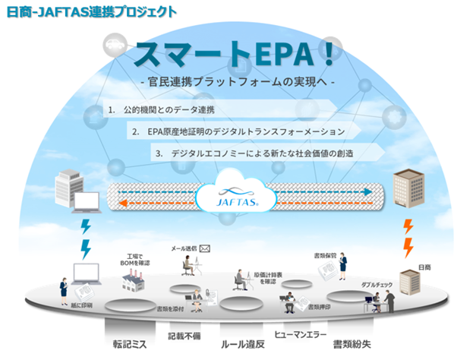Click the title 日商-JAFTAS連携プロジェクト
(92, 11)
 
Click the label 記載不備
(185, 335)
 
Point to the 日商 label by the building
(424, 267)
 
